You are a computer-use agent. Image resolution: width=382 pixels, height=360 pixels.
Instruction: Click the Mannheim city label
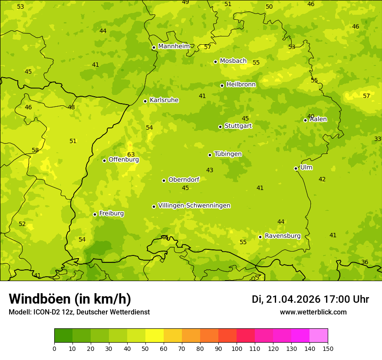point(174,46)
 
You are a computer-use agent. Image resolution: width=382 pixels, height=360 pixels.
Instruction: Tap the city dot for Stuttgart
point(220,127)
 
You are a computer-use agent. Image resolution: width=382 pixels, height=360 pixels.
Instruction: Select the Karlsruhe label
point(164,100)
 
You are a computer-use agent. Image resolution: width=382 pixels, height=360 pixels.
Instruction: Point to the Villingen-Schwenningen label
point(194,206)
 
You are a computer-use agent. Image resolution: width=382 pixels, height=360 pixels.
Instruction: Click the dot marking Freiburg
point(95,214)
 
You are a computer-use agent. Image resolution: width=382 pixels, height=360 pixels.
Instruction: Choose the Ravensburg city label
point(283,236)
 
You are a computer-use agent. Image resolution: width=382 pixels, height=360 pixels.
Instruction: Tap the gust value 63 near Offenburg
point(131,155)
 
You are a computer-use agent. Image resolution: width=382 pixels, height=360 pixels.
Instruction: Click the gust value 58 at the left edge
point(35,151)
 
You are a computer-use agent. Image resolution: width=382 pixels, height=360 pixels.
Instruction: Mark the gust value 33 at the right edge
point(378,139)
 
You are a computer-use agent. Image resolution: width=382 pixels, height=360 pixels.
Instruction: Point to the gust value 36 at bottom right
point(365,262)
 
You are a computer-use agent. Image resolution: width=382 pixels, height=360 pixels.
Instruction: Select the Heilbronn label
point(241,85)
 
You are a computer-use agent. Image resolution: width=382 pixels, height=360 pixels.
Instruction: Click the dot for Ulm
point(296,168)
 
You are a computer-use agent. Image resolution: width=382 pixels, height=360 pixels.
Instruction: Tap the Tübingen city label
point(228,154)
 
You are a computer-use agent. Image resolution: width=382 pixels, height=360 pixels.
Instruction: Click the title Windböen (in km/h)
point(70,299)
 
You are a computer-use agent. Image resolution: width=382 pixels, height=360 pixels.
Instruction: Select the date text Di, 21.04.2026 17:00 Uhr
point(310,299)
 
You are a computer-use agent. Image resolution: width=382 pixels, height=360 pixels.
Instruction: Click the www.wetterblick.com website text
point(313,312)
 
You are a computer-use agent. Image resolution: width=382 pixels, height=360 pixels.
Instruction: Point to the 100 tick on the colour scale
point(237,348)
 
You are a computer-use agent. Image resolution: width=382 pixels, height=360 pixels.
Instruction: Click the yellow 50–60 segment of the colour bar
point(155,336)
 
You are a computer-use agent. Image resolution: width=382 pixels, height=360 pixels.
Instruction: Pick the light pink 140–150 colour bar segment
point(319,336)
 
